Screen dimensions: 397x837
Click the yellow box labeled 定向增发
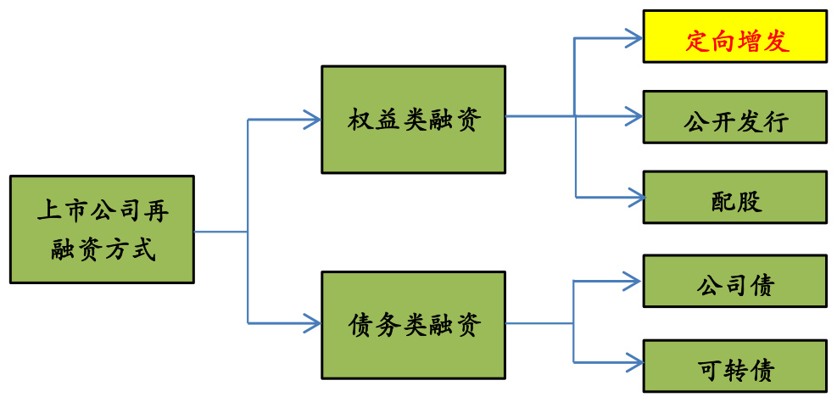(x=734, y=36)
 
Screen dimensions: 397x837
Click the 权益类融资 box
(x=413, y=120)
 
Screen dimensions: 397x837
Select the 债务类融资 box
(x=413, y=325)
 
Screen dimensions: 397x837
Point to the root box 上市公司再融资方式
(x=102, y=229)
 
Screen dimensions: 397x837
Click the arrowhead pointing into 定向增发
(x=634, y=37)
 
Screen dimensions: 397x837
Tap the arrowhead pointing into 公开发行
(x=634, y=115)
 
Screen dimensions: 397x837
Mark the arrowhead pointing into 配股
(x=634, y=198)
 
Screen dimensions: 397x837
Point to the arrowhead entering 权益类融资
(x=312, y=120)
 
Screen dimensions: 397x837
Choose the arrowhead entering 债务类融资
(x=312, y=322)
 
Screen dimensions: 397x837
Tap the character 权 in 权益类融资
(x=360, y=120)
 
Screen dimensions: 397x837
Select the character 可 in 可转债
(x=710, y=370)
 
